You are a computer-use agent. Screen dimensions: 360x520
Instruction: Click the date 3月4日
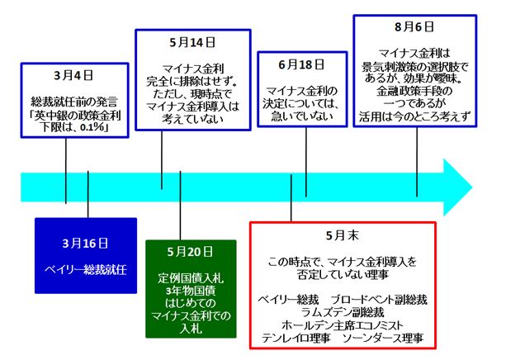pos(67,73)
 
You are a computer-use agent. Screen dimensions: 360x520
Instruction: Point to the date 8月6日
pos(414,26)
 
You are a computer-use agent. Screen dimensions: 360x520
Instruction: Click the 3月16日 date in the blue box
pos(85,244)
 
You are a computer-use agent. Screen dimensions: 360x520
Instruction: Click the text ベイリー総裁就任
pos(85,270)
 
